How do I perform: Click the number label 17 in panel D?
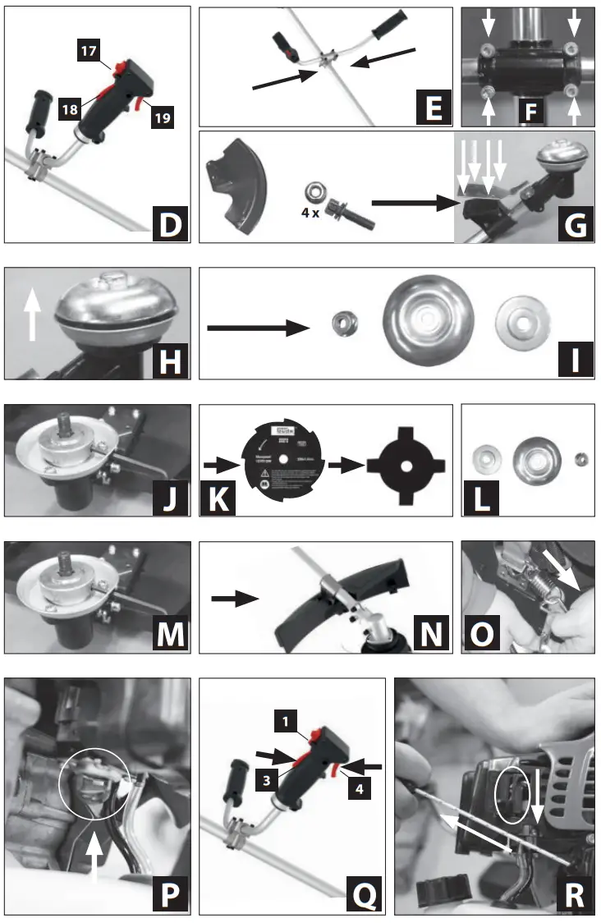(89, 50)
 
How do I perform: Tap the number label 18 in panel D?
(70, 108)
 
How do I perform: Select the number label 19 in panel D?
(162, 117)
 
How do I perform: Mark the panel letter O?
(482, 632)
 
